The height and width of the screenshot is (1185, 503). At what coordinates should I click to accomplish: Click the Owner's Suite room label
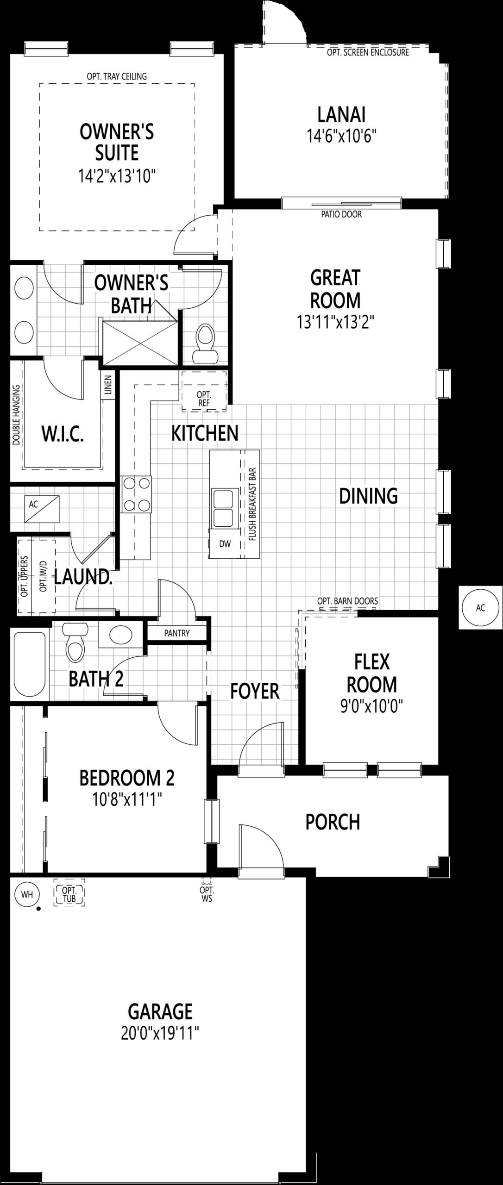pyautogui.click(x=117, y=143)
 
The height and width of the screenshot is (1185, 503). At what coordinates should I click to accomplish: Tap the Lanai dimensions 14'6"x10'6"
pyautogui.click(x=341, y=137)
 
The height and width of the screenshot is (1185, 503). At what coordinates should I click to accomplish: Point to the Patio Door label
pyautogui.click(x=341, y=214)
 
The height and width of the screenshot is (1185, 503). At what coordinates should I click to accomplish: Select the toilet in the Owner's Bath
pyautogui.click(x=205, y=343)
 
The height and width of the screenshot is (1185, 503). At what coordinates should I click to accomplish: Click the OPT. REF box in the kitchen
pyautogui.click(x=204, y=391)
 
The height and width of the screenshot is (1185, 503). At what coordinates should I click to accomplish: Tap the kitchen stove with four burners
pyautogui.click(x=136, y=494)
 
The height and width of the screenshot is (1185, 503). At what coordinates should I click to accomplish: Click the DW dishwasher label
pyautogui.click(x=225, y=544)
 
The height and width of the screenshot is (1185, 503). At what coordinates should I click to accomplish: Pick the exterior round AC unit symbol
pyautogui.click(x=480, y=607)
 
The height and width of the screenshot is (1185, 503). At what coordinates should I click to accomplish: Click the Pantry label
pyautogui.click(x=177, y=633)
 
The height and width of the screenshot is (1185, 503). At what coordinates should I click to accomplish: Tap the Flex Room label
pyautogui.click(x=372, y=674)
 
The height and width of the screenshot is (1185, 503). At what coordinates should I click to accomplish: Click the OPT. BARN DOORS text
pyautogui.click(x=347, y=601)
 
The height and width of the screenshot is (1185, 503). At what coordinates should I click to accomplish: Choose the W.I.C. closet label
pyautogui.click(x=63, y=435)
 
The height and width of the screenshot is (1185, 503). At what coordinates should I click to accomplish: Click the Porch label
pyautogui.click(x=333, y=822)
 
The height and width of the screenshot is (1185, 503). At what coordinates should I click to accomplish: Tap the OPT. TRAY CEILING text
pyautogui.click(x=117, y=76)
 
